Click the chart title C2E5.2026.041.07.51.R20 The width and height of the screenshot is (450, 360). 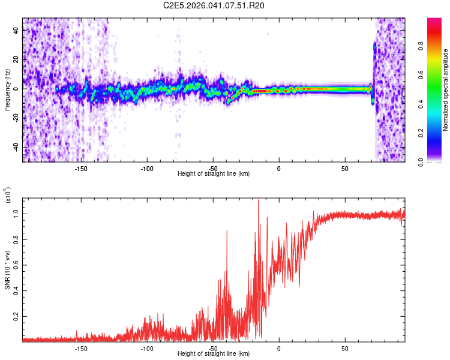214,6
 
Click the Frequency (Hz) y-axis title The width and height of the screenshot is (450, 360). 7,90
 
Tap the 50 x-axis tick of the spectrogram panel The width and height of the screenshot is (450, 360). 344,168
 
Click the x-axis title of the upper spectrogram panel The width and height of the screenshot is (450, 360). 214,174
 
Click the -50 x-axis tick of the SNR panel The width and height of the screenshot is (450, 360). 213,348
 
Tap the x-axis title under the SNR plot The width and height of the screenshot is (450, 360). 214,354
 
